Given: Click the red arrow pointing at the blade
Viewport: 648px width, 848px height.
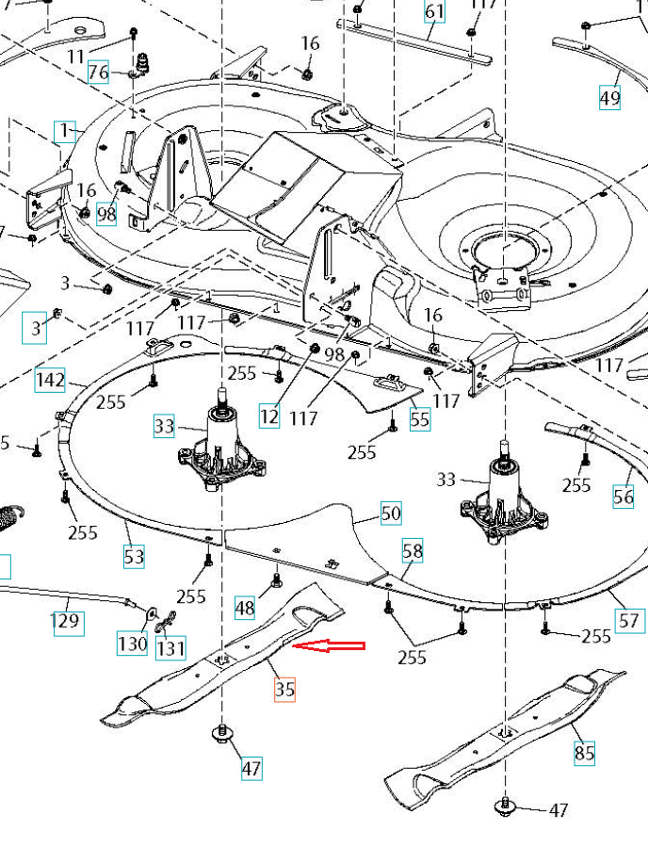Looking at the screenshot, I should [330, 646].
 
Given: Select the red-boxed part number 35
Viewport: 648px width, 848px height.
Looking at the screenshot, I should [284, 690].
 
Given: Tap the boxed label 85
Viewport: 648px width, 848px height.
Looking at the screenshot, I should [585, 753].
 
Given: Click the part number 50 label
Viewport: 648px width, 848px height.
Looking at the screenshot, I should [391, 514].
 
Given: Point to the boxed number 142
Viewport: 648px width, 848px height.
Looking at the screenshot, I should [50, 381].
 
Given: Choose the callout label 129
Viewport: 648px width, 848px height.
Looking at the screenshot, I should [67, 622].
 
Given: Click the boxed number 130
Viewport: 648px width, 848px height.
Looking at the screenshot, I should [132, 644].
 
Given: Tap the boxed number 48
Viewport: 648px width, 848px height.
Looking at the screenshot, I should [245, 608].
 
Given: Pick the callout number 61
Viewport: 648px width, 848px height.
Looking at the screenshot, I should [434, 12].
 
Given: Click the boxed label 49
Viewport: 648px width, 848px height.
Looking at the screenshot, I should [609, 96].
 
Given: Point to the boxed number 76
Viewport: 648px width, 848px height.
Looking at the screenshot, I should [99, 73].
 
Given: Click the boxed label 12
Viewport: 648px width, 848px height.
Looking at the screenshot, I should [270, 416].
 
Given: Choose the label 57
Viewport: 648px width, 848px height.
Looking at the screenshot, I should [628, 620].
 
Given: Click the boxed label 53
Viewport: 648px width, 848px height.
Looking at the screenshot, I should [135, 556].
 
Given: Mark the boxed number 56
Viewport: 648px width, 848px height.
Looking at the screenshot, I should [624, 497].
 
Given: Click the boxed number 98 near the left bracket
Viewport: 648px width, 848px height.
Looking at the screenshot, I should [106, 214].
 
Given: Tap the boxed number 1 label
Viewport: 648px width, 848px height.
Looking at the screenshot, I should [66, 130].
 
